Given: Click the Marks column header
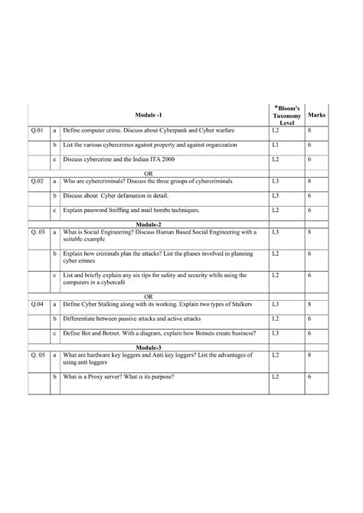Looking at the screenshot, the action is (316, 114).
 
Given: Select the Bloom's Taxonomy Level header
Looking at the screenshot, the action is (287, 114).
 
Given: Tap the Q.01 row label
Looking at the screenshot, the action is (38, 132).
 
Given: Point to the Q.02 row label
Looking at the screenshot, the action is (38, 181).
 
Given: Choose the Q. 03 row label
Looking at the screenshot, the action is (39, 231).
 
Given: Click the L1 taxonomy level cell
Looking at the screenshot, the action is (275, 145).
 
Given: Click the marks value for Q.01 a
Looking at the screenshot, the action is (309, 132).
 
